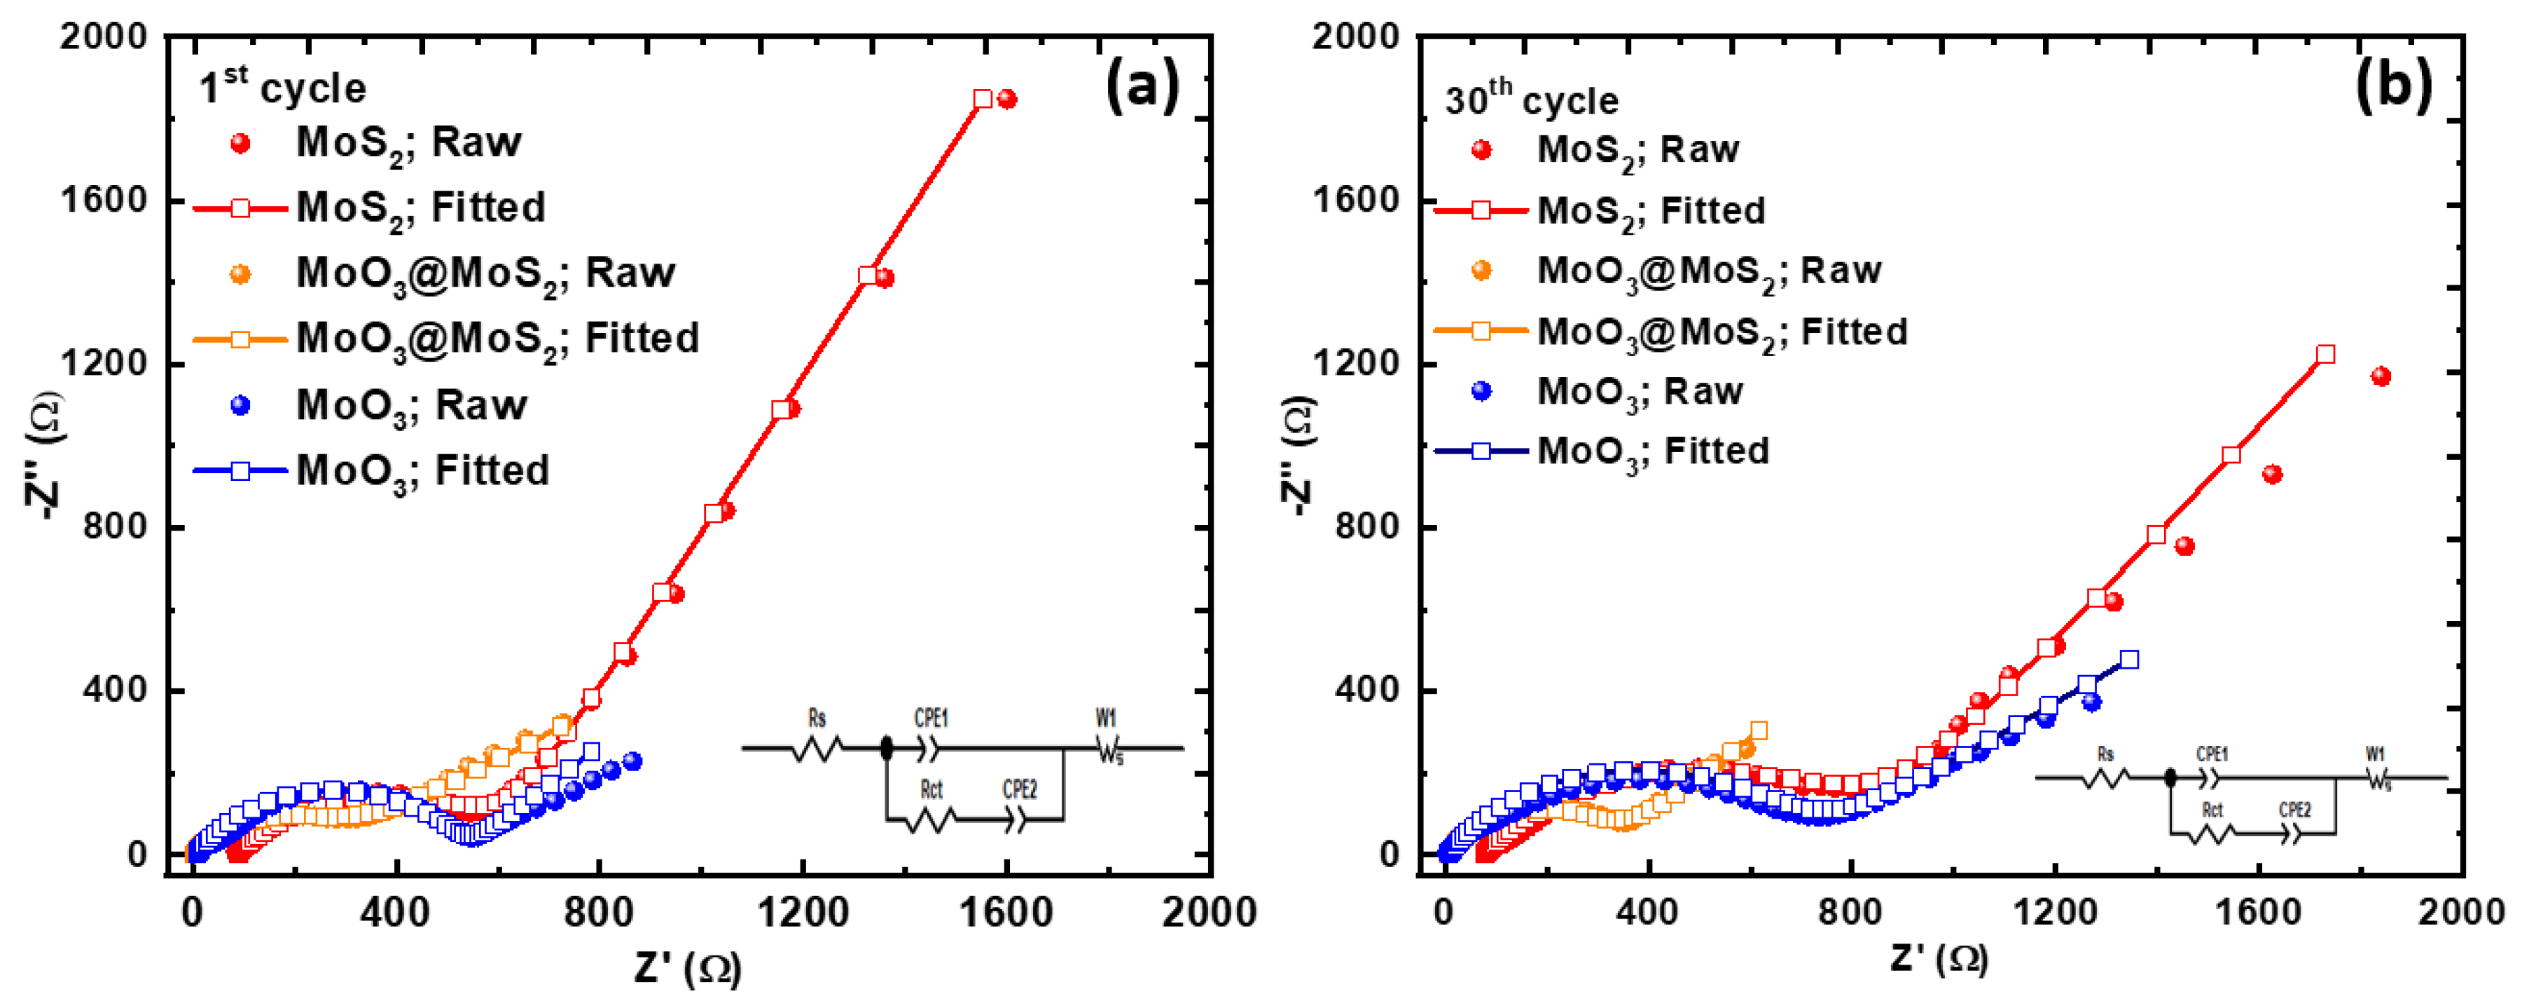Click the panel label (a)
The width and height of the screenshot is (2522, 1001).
tap(1142, 86)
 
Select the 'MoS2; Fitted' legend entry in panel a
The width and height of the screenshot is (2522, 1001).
tap(420, 207)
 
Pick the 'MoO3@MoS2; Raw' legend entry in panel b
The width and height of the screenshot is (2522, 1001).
tap(1708, 271)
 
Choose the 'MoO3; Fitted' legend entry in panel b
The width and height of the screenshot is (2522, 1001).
tap(1653, 451)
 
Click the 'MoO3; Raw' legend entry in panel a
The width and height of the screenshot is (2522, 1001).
tap(411, 405)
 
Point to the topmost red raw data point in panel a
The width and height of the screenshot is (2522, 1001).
tap(1006, 99)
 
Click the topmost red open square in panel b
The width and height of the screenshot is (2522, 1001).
tap(2325, 355)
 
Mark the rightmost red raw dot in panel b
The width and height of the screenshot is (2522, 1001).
tap(2381, 376)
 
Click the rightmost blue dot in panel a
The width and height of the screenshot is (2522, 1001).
tap(632, 761)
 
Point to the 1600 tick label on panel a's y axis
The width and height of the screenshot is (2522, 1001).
tap(103, 200)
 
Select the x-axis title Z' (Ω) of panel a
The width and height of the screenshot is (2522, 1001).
tap(687, 967)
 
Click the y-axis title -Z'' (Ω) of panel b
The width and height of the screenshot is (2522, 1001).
tap(1298, 456)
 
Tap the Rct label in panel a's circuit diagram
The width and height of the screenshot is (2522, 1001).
tap(930, 789)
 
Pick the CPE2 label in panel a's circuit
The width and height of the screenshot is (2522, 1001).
tap(1019, 789)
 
